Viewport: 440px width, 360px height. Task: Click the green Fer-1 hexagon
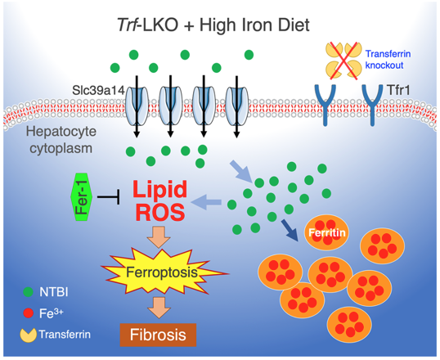pyautogui.click(x=82, y=197)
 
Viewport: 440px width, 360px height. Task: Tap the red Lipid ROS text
pyautogui.click(x=160, y=200)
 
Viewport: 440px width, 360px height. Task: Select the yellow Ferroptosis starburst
pyautogui.click(x=164, y=272)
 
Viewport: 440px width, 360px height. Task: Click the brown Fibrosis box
pyautogui.click(x=158, y=335)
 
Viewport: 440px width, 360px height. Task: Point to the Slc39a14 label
pyautogui.click(x=98, y=91)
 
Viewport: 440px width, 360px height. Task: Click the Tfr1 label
pyautogui.click(x=398, y=90)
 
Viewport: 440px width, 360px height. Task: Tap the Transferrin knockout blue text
pyautogui.click(x=388, y=59)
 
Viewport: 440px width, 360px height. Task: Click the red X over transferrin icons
pyautogui.click(x=343, y=61)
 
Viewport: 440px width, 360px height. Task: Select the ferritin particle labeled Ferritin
pyautogui.click(x=326, y=233)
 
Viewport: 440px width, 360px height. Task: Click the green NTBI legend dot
pyautogui.click(x=28, y=292)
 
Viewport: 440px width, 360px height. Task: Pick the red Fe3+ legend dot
pyautogui.click(x=28, y=313)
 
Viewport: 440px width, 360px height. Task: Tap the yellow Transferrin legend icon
pyautogui.click(x=28, y=335)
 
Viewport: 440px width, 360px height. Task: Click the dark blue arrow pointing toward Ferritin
pyautogui.click(x=290, y=230)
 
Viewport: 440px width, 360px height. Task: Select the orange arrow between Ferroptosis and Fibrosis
pyautogui.click(x=159, y=308)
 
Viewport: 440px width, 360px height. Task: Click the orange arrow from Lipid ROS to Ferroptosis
pyautogui.click(x=159, y=237)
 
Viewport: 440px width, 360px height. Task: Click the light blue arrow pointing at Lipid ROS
pyautogui.click(x=206, y=202)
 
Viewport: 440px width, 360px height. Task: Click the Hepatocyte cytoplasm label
pyautogui.click(x=61, y=140)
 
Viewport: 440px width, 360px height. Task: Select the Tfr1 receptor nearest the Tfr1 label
pyautogui.click(x=372, y=105)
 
